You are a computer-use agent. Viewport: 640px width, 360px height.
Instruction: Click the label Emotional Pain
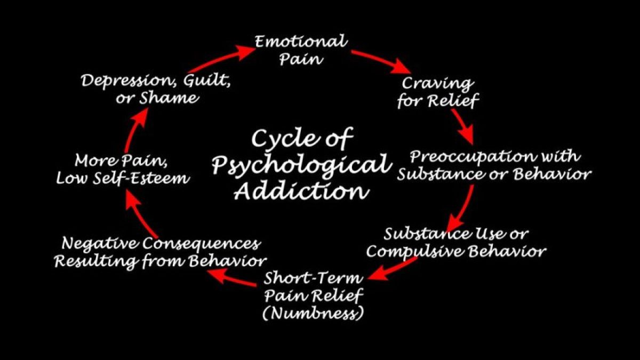pos(301,49)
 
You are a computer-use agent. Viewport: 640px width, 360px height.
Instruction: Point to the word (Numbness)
pos(314,312)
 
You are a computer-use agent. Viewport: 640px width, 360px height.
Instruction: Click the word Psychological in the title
pos(301,165)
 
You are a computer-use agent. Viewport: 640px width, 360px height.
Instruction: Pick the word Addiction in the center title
pos(301,190)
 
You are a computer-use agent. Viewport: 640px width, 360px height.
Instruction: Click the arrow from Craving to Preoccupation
pos(462,126)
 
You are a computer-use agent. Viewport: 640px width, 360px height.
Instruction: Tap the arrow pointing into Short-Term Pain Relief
pos(393,269)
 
